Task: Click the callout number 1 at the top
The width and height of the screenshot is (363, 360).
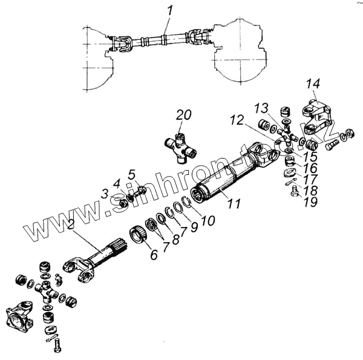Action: pos(170,10)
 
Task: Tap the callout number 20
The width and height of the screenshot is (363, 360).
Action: pos(183,116)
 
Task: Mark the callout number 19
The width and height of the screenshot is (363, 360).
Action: pos(310,203)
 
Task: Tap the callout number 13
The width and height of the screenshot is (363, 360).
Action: pos(260,108)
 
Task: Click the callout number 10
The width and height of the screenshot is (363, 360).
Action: pos(208,221)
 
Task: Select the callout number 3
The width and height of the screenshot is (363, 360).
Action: pos(105,194)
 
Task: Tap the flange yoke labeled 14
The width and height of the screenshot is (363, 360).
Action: pos(316,118)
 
